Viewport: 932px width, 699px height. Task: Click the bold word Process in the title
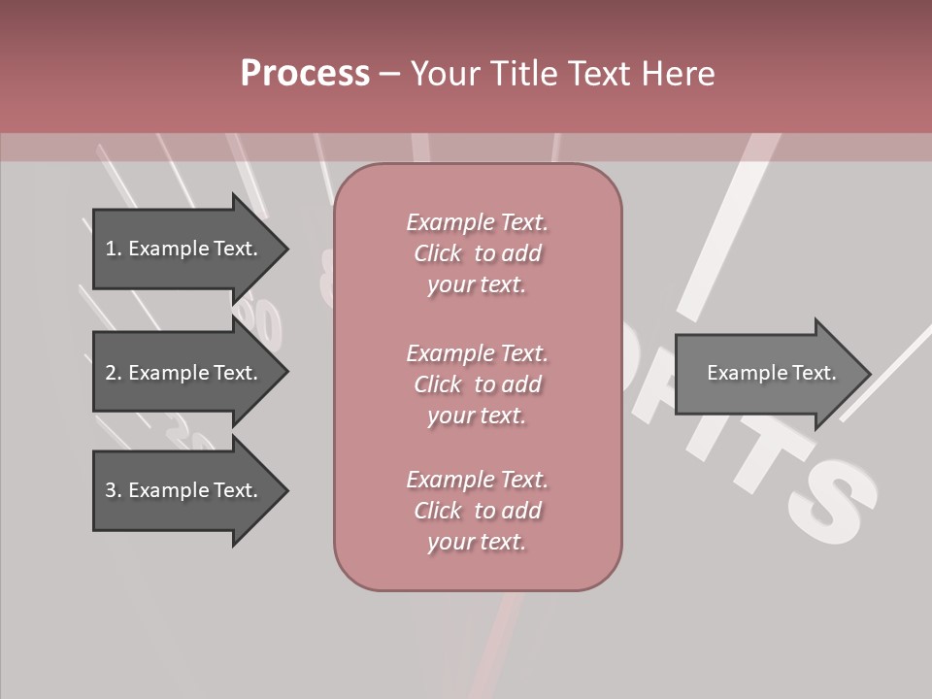pyautogui.click(x=305, y=74)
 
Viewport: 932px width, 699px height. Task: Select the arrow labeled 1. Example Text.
pyautogui.click(x=184, y=249)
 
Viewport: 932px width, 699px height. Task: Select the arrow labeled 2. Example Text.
pyautogui.click(x=184, y=373)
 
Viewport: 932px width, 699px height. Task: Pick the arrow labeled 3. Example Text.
pyautogui.click(x=184, y=490)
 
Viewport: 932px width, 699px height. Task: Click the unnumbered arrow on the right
pyautogui.click(x=767, y=374)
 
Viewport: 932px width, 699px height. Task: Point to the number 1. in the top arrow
pyautogui.click(x=114, y=249)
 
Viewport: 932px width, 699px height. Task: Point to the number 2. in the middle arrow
pyautogui.click(x=114, y=373)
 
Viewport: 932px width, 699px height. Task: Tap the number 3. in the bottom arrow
pyautogui.click(x=114, y=490)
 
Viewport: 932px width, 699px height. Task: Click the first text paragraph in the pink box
pyautogui.click(x=477, y=253)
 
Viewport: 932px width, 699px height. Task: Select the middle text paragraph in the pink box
pyautogui.click(x=477, y=384)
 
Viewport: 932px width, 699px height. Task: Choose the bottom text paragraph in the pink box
pyautogui.click(x=477, y=511)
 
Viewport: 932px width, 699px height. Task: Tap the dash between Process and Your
pyautogui.click(x=389, y=74)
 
